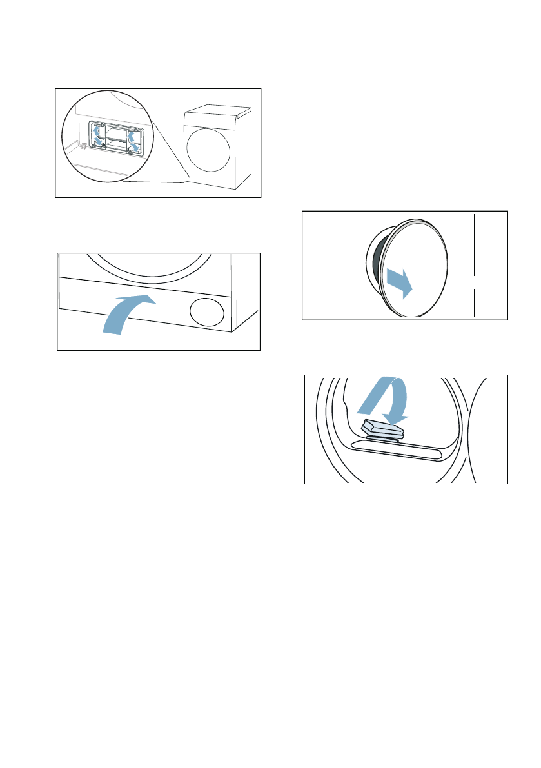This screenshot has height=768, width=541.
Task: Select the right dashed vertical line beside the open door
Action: point(474,264)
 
